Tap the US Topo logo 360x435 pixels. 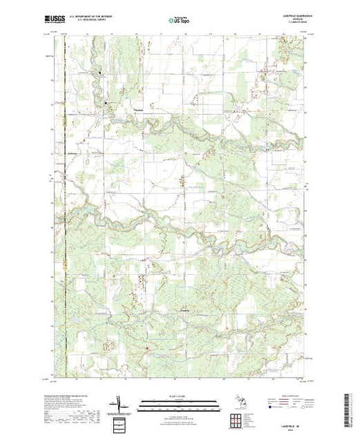coord(180,21)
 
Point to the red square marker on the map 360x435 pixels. coord(146,348)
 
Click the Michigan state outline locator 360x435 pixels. coord(236,401)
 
